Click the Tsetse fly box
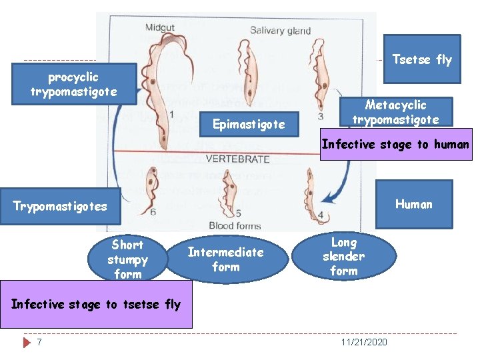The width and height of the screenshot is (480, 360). pos(421,59)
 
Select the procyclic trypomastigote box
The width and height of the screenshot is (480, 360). pos(74,85)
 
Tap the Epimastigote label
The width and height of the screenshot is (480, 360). pos(248,124)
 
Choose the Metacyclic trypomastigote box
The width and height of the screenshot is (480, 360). pos(395,112)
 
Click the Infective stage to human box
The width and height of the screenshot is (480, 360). pos(396,145)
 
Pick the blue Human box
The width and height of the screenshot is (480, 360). pos(413,204)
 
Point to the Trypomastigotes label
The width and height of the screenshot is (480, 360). pos(60,206)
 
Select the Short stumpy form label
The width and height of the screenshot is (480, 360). pos(127,259)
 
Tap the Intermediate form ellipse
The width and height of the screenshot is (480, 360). pos(225,259)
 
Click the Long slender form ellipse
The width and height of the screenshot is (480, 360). pos(344,256)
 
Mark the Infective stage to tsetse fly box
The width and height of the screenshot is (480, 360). pos(96,305)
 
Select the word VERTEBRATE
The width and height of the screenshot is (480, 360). pos(238,159)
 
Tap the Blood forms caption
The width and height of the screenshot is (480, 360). pos(235,225)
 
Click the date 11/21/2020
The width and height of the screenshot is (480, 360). pos(363,342)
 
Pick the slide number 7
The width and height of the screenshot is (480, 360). pos(40,342)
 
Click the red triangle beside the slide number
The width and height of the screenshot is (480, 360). pos(27,342)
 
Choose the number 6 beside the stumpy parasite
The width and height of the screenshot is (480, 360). pos(153,213)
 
